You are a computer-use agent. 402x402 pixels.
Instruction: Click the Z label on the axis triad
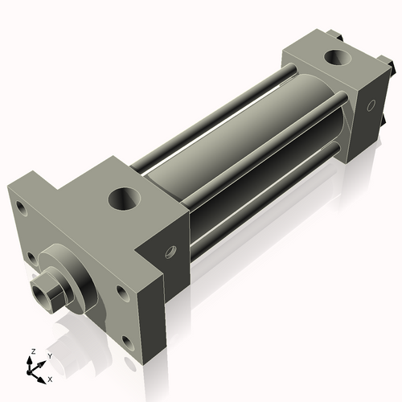tap(34, 351)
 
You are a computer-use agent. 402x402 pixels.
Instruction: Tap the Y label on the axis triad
tap(50, 356)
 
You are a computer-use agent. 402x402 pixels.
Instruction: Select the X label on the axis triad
tap(50, 379)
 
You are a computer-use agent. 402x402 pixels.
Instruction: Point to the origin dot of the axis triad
tap(28, 372)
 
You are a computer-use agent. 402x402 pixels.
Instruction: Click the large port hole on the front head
tap(124, 199)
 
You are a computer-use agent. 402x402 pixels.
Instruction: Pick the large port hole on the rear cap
tap(337, 57)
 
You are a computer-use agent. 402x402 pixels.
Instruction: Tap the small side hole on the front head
tap(170, 252)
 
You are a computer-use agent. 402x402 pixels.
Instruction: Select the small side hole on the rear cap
tap(371, 105)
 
